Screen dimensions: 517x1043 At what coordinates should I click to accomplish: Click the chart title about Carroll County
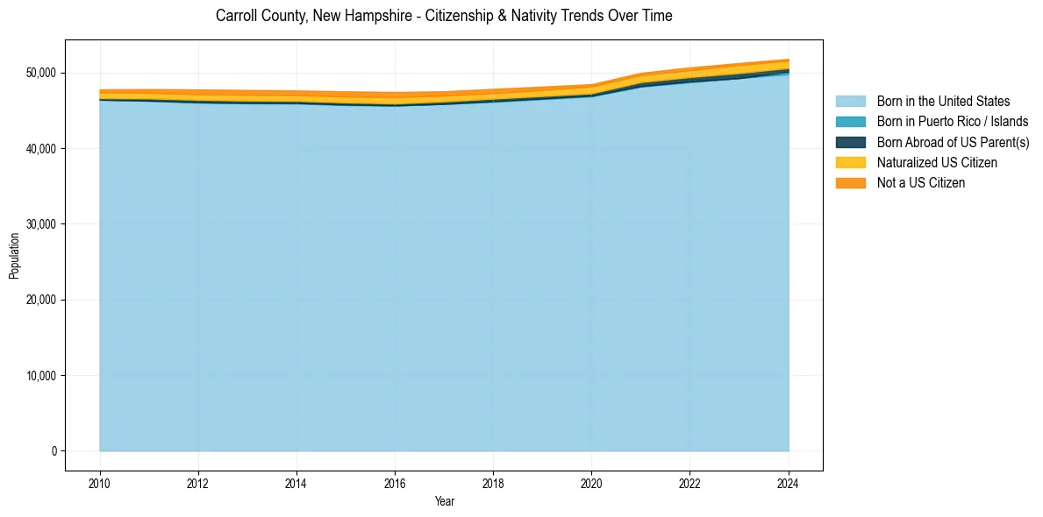pos(444,16)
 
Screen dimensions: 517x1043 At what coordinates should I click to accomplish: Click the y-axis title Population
pos(14,256)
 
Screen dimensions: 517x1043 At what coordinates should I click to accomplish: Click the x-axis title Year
pos(444,501)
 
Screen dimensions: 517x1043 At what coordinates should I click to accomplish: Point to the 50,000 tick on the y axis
pos(42,73)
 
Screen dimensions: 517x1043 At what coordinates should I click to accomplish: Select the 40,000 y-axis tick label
pos(42,149)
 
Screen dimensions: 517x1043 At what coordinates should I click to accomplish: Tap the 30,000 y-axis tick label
pos(42,224)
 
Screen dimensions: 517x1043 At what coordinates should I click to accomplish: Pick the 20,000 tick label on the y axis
pos(42,300)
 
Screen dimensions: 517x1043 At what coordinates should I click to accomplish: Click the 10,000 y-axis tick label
pos(42,376)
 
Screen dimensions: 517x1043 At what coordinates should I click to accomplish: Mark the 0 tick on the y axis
pos(54,451)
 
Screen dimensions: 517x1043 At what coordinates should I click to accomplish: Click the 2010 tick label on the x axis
pos(100,481)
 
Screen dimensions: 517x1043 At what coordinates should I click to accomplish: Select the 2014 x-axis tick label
pos(296,481)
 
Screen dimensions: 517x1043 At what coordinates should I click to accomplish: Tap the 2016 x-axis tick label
pos(395,481)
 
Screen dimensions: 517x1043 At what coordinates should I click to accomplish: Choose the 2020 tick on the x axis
pos(591,481)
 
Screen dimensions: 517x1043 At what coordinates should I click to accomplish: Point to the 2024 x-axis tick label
pos(789,481)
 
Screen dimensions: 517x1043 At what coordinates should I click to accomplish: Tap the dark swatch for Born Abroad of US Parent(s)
pos(850,142)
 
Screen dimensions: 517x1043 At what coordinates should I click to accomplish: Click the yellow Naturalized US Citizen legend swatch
pos(850,162)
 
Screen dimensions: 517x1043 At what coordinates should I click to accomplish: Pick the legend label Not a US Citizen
pos(920,183)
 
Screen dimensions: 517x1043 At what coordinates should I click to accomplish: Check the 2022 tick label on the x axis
pos(690,481)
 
